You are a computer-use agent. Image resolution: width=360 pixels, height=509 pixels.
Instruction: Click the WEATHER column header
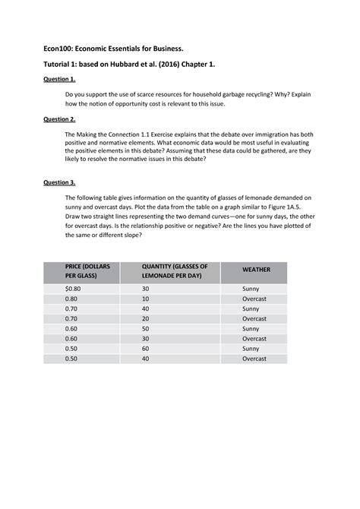point(254,270)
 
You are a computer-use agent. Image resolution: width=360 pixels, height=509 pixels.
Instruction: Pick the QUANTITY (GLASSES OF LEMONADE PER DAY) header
point(175,271)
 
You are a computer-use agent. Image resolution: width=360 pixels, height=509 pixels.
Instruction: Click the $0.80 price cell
point(73,289)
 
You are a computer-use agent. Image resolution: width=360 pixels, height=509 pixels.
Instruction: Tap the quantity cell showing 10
point(145,299)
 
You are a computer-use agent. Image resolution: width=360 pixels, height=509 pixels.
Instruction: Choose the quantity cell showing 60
point(145,348)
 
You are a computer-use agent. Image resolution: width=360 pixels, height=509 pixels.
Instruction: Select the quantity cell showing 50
point(145,328)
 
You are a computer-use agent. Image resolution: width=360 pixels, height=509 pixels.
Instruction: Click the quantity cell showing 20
point(145,319)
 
